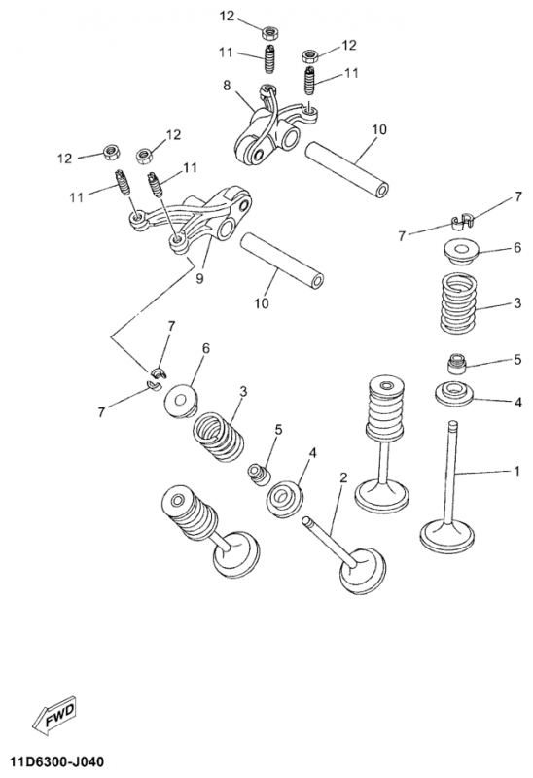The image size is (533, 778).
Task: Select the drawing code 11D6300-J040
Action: click(x=53, y=761)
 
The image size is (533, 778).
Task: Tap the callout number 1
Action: click(x=516, y=471)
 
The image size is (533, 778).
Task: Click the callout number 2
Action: click(x=343, y=477)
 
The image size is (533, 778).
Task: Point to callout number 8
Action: click(x=227, y=86)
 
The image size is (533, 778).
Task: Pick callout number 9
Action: click(x=199, y=278)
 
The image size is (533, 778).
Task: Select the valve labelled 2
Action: click(x=344, y=554)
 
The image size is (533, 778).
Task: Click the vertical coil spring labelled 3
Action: click(x=458, y=302)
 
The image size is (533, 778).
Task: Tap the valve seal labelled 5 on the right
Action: click(x=457, y=364)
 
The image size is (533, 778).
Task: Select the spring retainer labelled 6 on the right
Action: click(x=462, y=252)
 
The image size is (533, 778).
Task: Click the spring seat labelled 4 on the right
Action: click(x=454, y=394)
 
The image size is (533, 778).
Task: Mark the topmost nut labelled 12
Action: click(x=269, y=33)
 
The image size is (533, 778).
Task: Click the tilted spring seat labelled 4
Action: click(x=285, y=498)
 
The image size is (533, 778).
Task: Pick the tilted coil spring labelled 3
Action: click(x=219, y=436)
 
